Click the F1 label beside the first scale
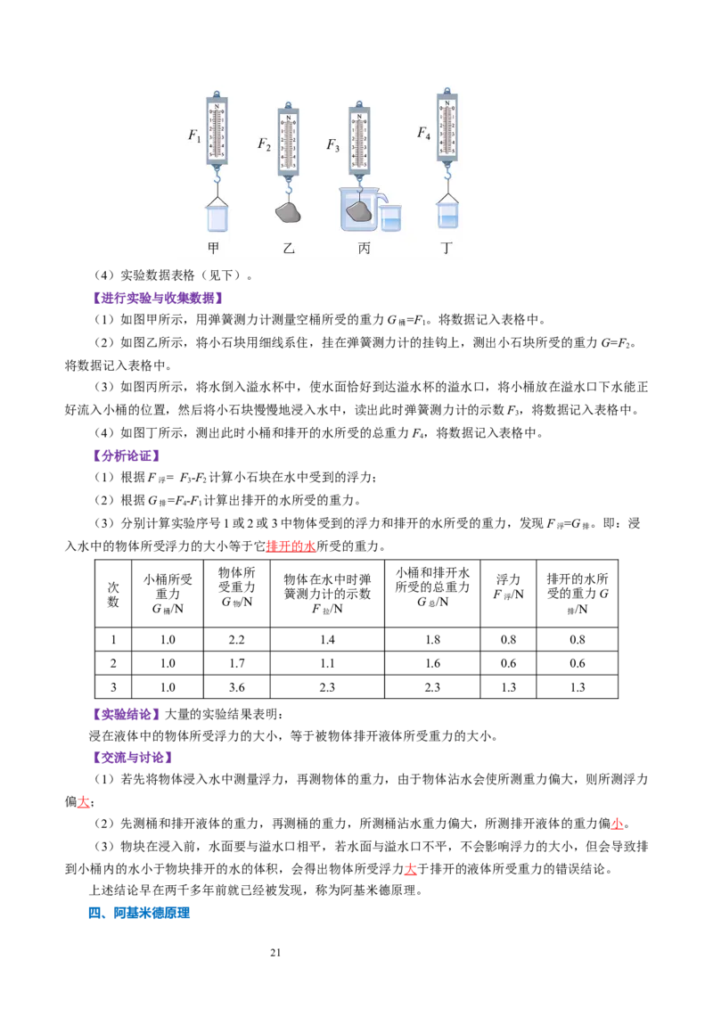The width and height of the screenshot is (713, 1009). coord(194,135)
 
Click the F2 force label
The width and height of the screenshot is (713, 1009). coord(264,144)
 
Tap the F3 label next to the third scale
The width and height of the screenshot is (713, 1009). coord(332,144)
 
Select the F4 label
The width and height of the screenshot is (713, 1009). coord(423,134)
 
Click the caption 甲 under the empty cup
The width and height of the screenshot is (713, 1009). coord(213,249)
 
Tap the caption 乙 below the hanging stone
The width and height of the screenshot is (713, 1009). coord(288,249)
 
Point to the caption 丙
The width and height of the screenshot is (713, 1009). coord(364,249)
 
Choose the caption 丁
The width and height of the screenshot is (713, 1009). coord(447,249)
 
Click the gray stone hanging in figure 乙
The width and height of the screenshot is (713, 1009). coord(288,212)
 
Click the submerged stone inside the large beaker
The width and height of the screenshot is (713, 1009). coord(358,211)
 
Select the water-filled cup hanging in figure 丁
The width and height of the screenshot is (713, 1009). coord(447,214)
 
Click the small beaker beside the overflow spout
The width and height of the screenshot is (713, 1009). coord(390,217)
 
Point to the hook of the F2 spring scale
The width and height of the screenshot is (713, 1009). coord(288,189)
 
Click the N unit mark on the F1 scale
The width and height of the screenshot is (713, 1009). coord(217,106)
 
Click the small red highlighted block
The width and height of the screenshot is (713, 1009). coord(291,546)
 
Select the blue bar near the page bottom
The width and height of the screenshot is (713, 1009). coord(152,913)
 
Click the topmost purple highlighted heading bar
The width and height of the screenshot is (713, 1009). coord(160,297)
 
